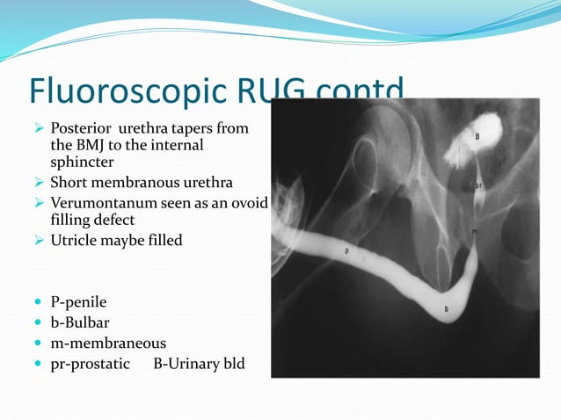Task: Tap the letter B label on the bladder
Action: coord(477,136)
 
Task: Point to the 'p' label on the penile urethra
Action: coord(346,251)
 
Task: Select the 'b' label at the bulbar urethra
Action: coord(447,309)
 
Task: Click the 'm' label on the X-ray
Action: coord(475,232)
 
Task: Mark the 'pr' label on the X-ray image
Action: coord(479,185)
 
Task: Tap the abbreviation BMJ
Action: coord(91,145)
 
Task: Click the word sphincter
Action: coord(82,162)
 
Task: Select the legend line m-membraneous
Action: coord(107,343)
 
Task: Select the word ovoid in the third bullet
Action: coord(248,202)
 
